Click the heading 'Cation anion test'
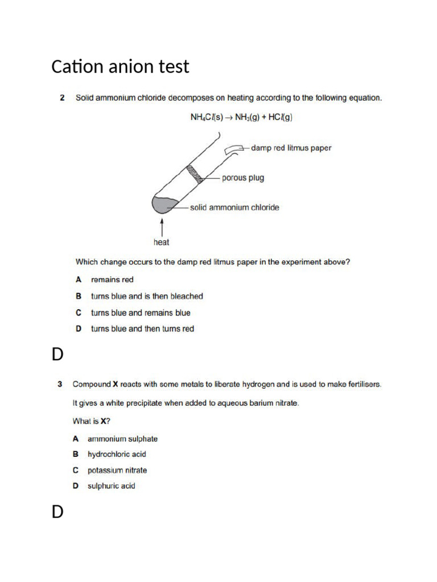point(120,67)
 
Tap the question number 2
point(62,98)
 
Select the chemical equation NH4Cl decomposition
point(242,118)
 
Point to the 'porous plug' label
point(243,178)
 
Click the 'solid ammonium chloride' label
point(234,207)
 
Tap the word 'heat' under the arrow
point(162,242)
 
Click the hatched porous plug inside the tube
point(197,172)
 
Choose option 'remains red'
point(113,280)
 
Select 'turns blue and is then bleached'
point(147,296)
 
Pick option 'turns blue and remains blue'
point(141,313)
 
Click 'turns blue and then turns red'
point(142,329)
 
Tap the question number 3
point(60,384)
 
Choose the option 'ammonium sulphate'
point(122,439)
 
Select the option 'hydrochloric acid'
point(117,454)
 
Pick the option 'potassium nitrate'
point(117,470)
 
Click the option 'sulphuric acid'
point(112,486)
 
